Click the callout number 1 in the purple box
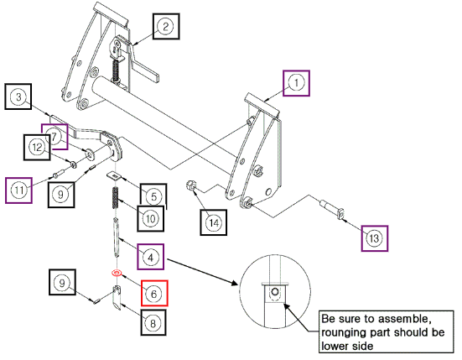coord(296,83)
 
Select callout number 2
coord(166,26)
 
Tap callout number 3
coord(18,97)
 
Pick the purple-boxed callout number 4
coord(151,257)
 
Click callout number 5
coord(153,196)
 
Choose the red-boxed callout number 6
coord(154,293)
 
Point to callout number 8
coord(153,323)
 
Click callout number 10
coord(151,219)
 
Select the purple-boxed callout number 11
coord(18,190)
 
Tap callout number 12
coord(37,147)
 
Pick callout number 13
coord(375,238)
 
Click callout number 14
coord(214,222)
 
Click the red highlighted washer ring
coord(117,273)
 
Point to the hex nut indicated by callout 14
coord(190,186)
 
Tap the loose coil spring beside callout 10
coord(116,198)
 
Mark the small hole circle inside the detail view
coord(275,292)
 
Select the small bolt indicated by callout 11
coord(58,174)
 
